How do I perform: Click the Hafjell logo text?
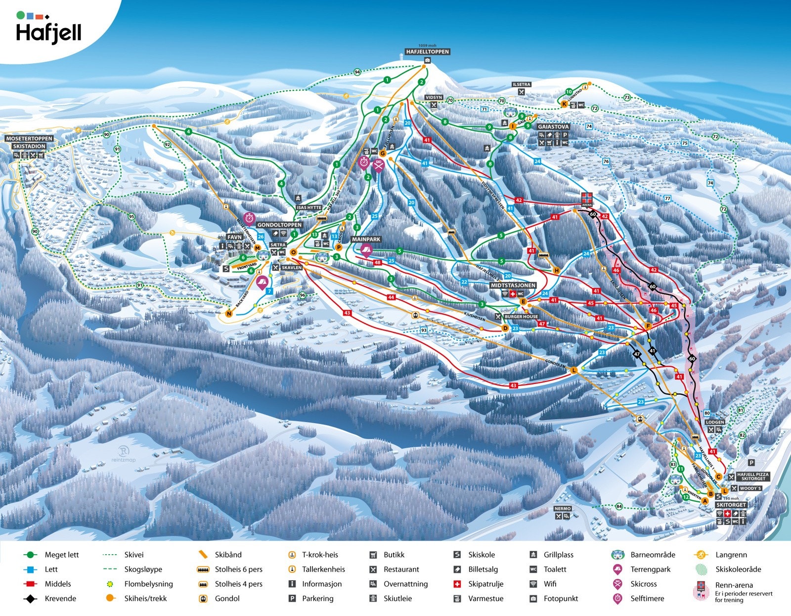point(48,33)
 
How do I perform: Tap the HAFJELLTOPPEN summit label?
point(427,51)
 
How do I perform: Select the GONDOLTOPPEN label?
point(279,225)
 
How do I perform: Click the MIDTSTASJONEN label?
point(513,285)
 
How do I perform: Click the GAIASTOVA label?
point(553,127)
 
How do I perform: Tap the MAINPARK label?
point(366,239)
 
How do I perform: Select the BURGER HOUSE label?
point(521,317)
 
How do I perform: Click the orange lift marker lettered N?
point(229,313)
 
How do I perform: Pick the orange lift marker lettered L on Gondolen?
point(574,370)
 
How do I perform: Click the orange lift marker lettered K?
point(564,104)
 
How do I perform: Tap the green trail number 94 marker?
point(357,72)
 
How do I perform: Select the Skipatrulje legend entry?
point(485,584)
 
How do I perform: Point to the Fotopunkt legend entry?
point(560,598)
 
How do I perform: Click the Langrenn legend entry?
point(731,555)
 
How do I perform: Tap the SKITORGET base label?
point(731,505)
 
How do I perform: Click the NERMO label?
point(563,509)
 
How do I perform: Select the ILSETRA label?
point(522,85)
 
